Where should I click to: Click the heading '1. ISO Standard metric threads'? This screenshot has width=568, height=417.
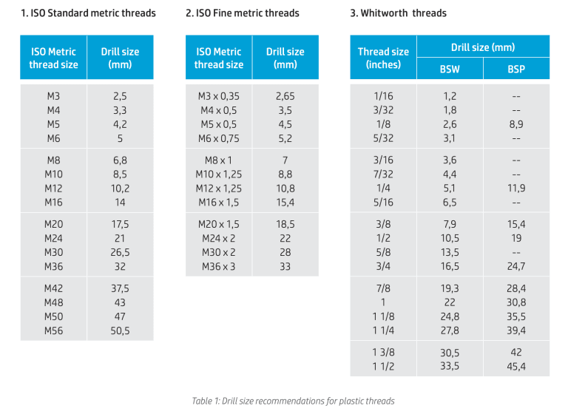pyautogui.click(x=89, y=13)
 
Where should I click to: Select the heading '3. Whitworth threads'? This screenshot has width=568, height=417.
pyautogui.click(x=398, y=13)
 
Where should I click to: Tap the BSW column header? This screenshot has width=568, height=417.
pyautogui.click(x=450, y=69)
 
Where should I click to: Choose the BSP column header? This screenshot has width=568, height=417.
pyautogui.click(x=516, y=69)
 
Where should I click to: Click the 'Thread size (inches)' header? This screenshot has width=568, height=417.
pyautogui.click(x=383, y=58)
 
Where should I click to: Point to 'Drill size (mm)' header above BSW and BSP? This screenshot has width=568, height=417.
pyautogui.click(x=483, y=47)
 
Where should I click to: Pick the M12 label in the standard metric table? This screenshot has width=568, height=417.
pyautogui.click(x=53, y=189)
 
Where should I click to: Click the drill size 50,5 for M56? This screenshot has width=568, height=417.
pyautogui.click(x=120, y=330)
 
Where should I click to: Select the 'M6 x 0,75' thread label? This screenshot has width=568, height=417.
pyautogui.click(x=218, y=138)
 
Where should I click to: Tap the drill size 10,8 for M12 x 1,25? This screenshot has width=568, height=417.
pyautogui.click(x=285, y=189)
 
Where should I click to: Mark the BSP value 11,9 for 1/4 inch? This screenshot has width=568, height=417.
pyautogui.click(x=516, y=188)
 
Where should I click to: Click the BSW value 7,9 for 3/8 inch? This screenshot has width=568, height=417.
pyautogui.click(x=450, y=224)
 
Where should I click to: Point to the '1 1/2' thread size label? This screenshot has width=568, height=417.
pyautogui.click(x=383, y=366)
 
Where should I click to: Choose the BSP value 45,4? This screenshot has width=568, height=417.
pyautogui.click(x=516, y=366)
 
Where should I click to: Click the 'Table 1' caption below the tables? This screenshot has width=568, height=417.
pyautogui.click(x=293, y=401)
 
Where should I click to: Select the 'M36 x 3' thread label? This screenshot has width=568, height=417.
pyautogui.click(x=218, y=266)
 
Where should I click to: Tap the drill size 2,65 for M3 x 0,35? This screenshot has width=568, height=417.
pyautogui.click(x=285, y=96)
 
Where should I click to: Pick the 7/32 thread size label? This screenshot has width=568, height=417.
pyautogui.click(x=383, y=174)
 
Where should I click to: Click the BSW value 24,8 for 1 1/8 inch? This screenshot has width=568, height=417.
pyautogui.click(x=450, y=316)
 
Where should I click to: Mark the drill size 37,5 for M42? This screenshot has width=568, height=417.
pyautogui.click(x=120, y=288)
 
